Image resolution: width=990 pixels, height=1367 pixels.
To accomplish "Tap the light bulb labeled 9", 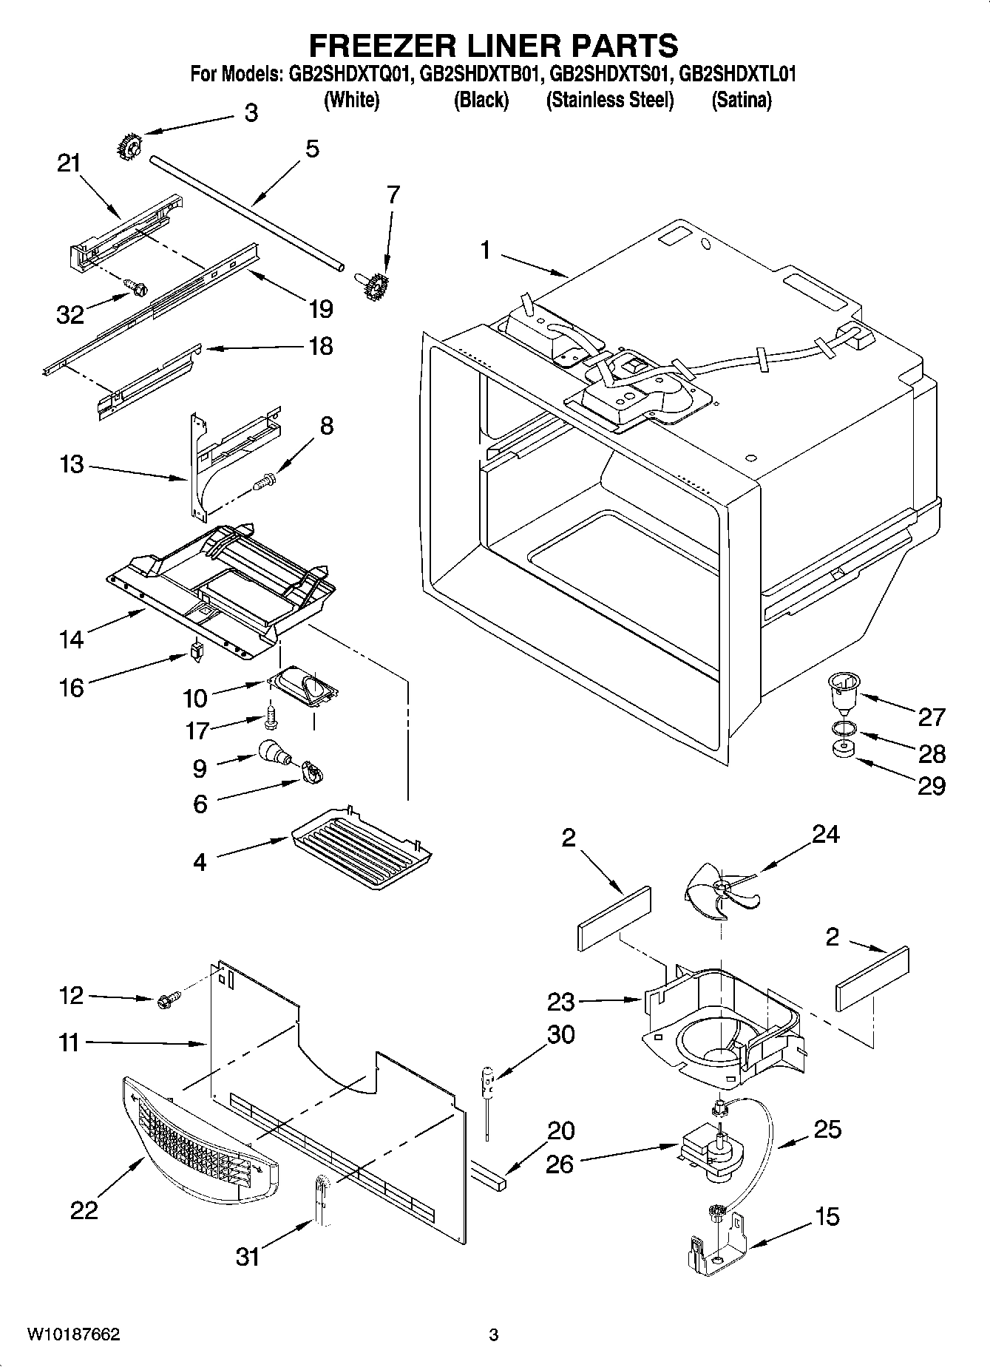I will click(274, 753).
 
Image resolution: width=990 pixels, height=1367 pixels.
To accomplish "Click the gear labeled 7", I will click(376, 286).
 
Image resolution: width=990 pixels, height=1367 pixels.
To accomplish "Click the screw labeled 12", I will click(163, 1001).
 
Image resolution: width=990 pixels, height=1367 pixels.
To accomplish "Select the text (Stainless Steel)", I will click(609, 101).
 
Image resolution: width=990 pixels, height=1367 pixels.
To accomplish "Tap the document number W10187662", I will click(73, 1334).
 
